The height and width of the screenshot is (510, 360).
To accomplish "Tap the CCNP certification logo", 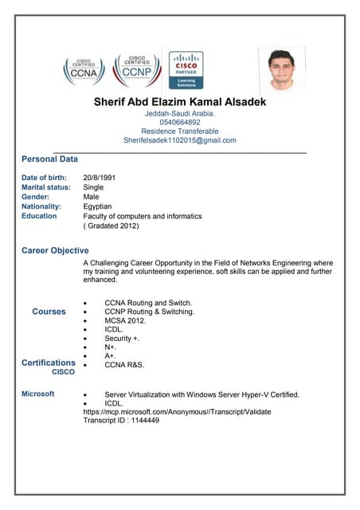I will (x=137, y=70).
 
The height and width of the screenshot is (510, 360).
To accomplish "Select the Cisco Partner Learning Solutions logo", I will (x=186, y=70).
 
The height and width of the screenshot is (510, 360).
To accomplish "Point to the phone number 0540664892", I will (x=180, y=123).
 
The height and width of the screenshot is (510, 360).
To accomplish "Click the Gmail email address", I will (x=180, y=140).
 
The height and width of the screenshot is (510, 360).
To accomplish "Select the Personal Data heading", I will (x=49, y=159).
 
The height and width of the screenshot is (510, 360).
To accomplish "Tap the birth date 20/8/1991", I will (x=100, y=177).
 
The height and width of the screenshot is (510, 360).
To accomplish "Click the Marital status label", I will (x=46, y=187).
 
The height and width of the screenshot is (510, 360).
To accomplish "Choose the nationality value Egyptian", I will (x=100, y=206).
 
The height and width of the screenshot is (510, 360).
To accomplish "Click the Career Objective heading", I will (x=55, y=250).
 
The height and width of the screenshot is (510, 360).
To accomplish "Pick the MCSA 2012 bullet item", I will (x=127, y=321).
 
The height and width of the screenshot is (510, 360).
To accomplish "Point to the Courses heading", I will (x=49, y=312).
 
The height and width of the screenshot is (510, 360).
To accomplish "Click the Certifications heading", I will (x=49, y=363).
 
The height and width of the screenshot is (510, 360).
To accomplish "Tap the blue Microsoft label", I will (x=37, y=394).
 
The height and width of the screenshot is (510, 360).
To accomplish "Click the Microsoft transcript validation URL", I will (x=177, y=412).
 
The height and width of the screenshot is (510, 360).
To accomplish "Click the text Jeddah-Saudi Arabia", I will (x=180, y=114).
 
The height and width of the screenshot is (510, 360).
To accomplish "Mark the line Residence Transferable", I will (x=180, y=131).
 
